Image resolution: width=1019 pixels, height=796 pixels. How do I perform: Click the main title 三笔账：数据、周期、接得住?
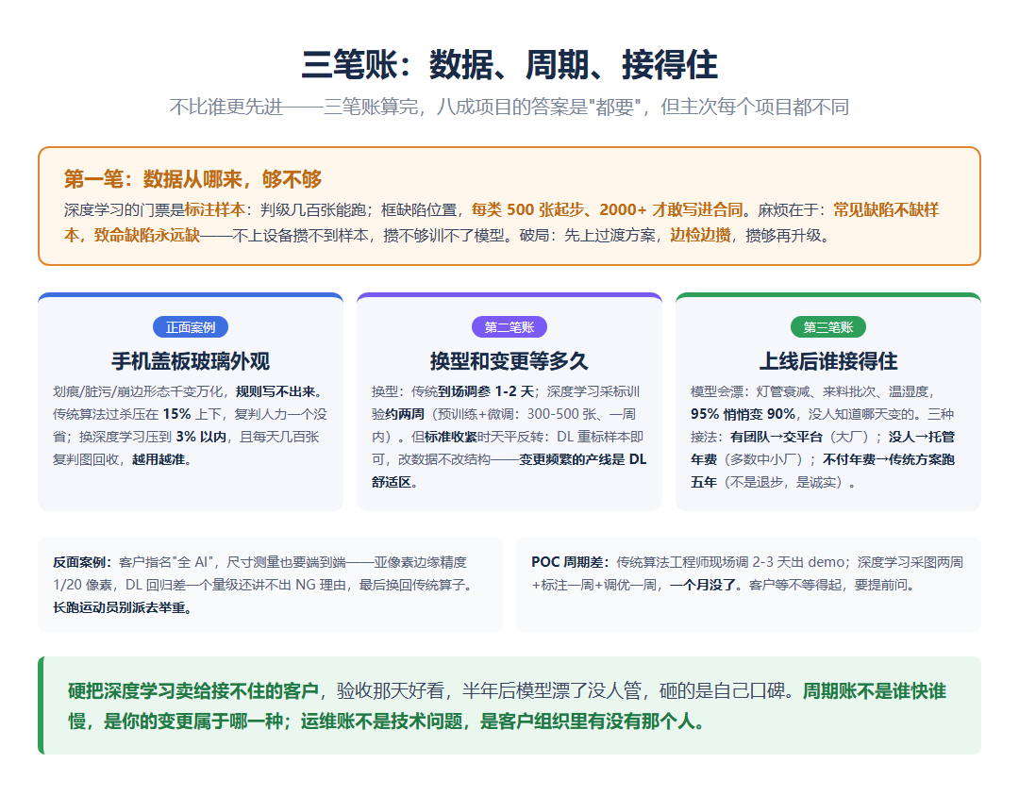[509, 65]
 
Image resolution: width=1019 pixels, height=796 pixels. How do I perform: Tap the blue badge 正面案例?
[191, 327]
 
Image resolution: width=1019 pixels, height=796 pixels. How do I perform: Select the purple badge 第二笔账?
[509, 327]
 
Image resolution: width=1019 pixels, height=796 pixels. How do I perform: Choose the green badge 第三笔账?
[828, 327]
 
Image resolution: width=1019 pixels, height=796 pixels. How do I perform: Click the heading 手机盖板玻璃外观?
[191, 361]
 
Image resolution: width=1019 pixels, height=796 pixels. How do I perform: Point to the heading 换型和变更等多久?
[509, 361]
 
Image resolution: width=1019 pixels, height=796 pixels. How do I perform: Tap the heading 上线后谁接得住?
[828, 361]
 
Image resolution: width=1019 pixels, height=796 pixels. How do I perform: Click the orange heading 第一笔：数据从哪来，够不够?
[193, 179]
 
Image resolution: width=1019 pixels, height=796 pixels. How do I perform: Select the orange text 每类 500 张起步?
[527, 210]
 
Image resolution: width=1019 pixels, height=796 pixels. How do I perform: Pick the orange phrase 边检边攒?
[700, 235]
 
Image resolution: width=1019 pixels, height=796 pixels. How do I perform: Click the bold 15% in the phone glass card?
[176, 415]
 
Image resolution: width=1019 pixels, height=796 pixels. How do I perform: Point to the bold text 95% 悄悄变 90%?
[743, 415]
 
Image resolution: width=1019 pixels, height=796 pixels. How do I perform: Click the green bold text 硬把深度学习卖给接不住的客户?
[193, 690]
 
